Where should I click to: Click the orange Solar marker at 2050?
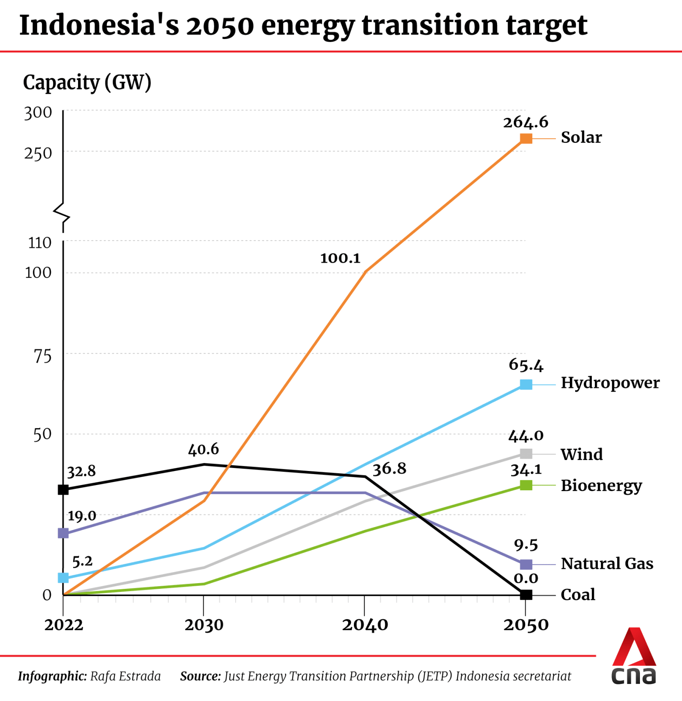(526, 138)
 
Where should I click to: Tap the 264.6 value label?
(526, 122)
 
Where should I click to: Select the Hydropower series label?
(610, 383)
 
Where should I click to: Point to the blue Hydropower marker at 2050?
(526, 384)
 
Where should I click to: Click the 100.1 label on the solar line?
(340, 258)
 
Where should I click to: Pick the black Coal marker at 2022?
(63, 489)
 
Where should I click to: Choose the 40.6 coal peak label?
(203, 450)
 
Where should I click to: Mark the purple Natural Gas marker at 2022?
(63, 533)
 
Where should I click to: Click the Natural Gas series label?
(607, 563)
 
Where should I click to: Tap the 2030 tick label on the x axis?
(204, 625)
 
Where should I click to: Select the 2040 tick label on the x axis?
(365, 625)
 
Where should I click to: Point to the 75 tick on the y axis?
(42, 357)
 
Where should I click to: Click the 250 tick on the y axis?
(38, 153)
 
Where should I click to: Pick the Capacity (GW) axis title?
(87, 82)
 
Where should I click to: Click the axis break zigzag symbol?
(63, 213)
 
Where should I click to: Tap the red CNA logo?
(634, 656)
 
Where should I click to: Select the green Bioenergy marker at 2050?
(526, 485)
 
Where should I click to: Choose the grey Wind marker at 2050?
(526, 453)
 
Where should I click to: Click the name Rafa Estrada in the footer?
(125, 676)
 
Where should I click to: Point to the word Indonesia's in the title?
(99, 25)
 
